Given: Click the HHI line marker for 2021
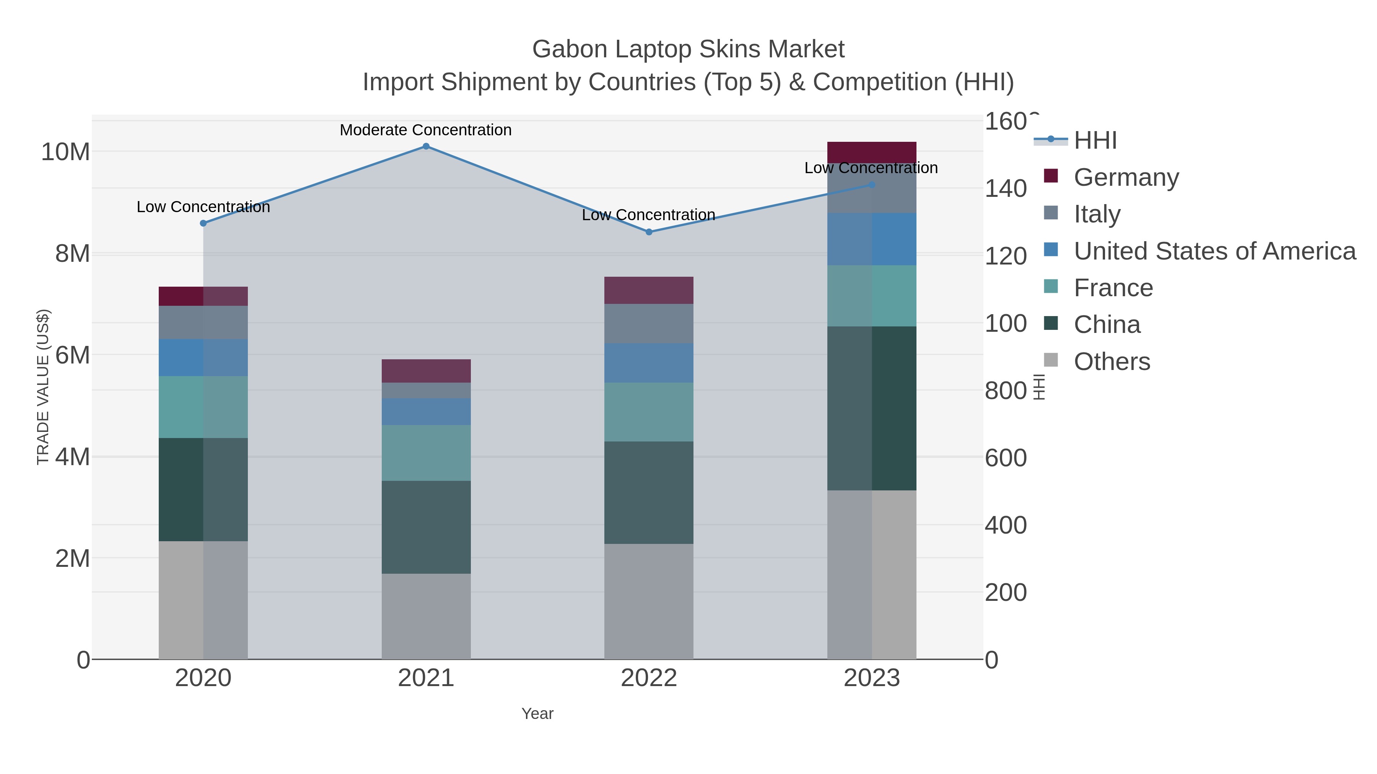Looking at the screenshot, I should pyautogui.click(x=426, y=146).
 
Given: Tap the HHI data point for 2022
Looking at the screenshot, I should pyautogui.click(x=649, y=232).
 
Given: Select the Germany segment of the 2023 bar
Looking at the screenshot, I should pyautogui.click(x=872, y=152).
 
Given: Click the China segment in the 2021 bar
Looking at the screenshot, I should pyautogui.click(x=426, y=527).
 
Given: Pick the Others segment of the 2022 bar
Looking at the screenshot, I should pyautogui.click(x=649, y=602).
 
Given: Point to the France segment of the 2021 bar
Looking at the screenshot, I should pyautogui.click(x=426, y=453).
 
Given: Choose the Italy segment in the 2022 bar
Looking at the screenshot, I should pyautogui.click(x=649, y=324).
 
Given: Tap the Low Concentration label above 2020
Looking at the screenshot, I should pyautogui.click(x=203, y=207).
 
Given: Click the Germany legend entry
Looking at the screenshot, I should pyautogui.click(x=1126, y=177).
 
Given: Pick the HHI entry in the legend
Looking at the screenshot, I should pyautogui.click(x=1095, y=141).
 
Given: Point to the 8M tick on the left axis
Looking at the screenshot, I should pyautogui.click(x=73, y=254).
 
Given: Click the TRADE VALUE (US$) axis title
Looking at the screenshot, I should pyautogui.click(x=43, y=387).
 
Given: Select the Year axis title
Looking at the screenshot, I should pyautogui.click(x=537, y=714).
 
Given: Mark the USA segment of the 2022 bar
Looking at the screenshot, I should pyautogui.click(x=649, y=363).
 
